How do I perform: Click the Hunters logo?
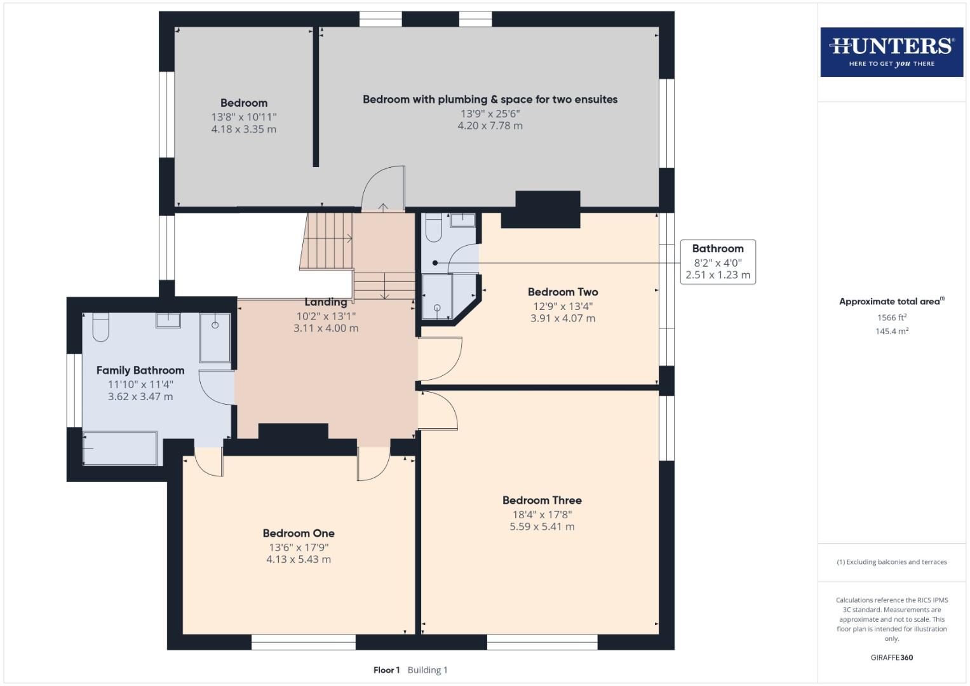tap(891, 51)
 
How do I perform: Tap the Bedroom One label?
tap(299, 533)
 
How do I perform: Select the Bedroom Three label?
tap(542, 500)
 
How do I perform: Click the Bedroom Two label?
tap(563, 292)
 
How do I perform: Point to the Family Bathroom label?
tap(140, 370)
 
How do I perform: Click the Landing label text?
tap(326, 302)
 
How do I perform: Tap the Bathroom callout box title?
tap(718, 248)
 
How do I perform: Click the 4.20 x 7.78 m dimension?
tap(490, 126)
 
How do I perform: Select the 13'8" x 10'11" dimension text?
tap(244, 117)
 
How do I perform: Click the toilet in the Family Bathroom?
tap(101, 326)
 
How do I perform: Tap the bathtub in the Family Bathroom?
tap(120, 448)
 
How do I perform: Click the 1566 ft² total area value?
tap(891, 318)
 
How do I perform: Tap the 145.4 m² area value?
tap(891, 331)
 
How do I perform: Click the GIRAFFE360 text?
tap(891, 657)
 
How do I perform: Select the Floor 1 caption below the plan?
tap(386, 669)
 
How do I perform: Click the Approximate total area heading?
tap(891, 302)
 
